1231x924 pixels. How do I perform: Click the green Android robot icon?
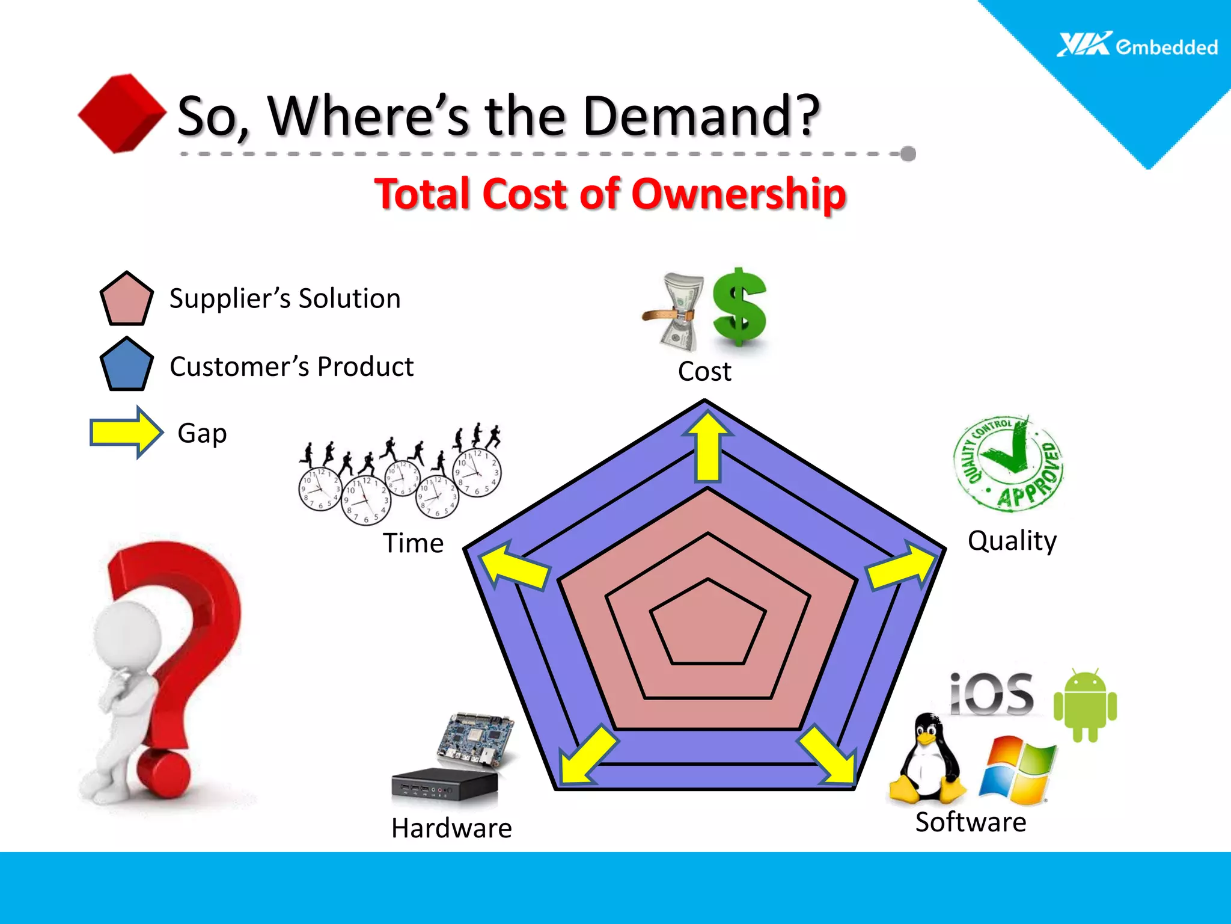[x=1085, y=705]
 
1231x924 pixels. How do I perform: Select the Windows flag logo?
[x=1017, y=771]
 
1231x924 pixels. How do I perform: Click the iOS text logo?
[x=992, y=695]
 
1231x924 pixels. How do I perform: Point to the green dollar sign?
[x=739, y=307]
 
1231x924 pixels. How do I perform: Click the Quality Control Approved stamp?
[x=1009, y=464]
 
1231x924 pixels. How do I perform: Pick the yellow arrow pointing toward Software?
[x=829, y=756]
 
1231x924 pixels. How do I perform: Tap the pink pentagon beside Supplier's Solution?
[x=126, y=299]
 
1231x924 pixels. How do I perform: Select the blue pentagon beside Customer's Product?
[x=126, y=365]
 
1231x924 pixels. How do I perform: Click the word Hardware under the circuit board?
[x=451, y=828]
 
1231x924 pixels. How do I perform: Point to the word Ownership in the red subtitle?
[x=739, y=194]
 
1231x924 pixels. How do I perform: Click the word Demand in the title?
[x=700, y=115]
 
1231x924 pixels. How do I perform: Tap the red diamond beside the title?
[x=123, y=113]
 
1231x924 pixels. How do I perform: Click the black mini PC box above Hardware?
[x=444, y=786]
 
